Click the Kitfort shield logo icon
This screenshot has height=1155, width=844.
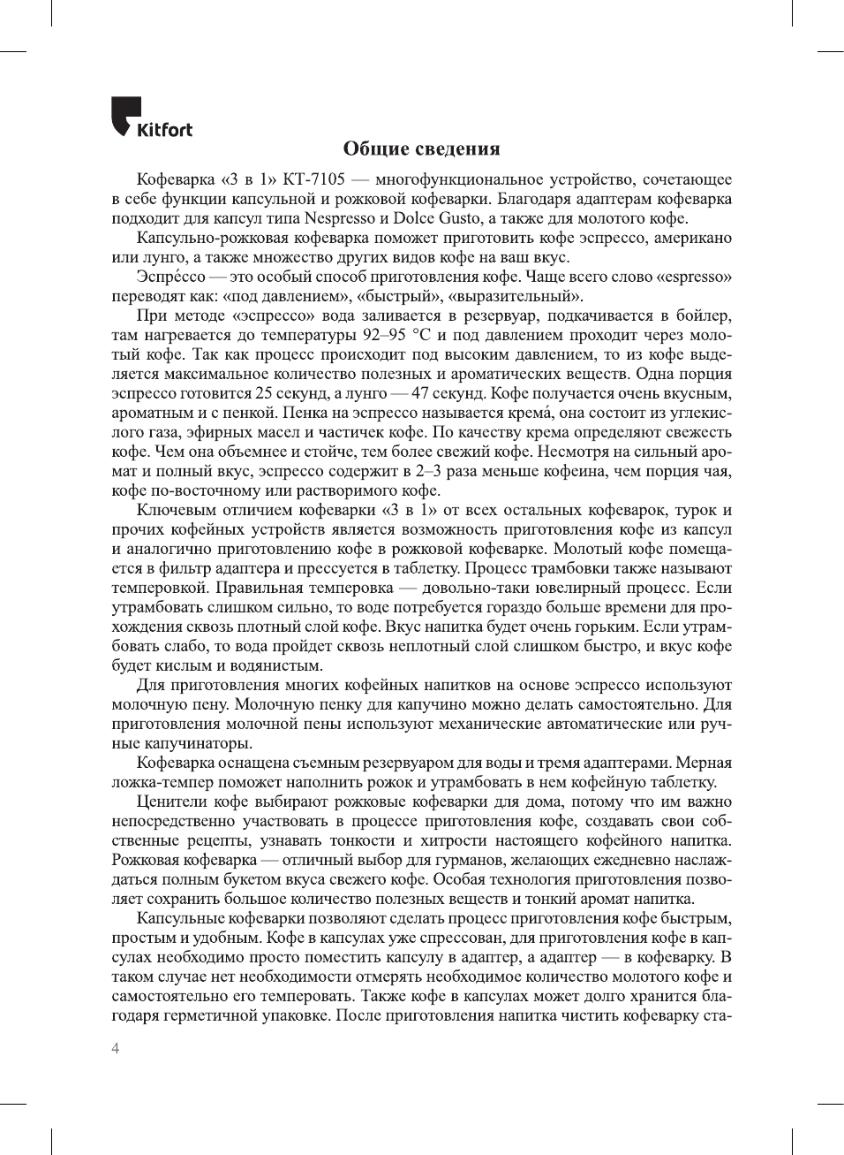[x=125, y=115]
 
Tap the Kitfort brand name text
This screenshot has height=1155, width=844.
[x=164, y=130]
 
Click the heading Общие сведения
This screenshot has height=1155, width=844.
[x=421, y=148]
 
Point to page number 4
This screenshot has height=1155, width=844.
[x=116, y=1049]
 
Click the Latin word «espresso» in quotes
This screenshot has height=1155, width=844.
[x=693, y=277]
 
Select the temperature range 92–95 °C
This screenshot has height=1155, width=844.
[x=397, y=335]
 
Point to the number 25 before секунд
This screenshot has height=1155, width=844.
[x=264, y=393]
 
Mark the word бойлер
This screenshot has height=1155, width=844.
[x=703, y=315]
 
